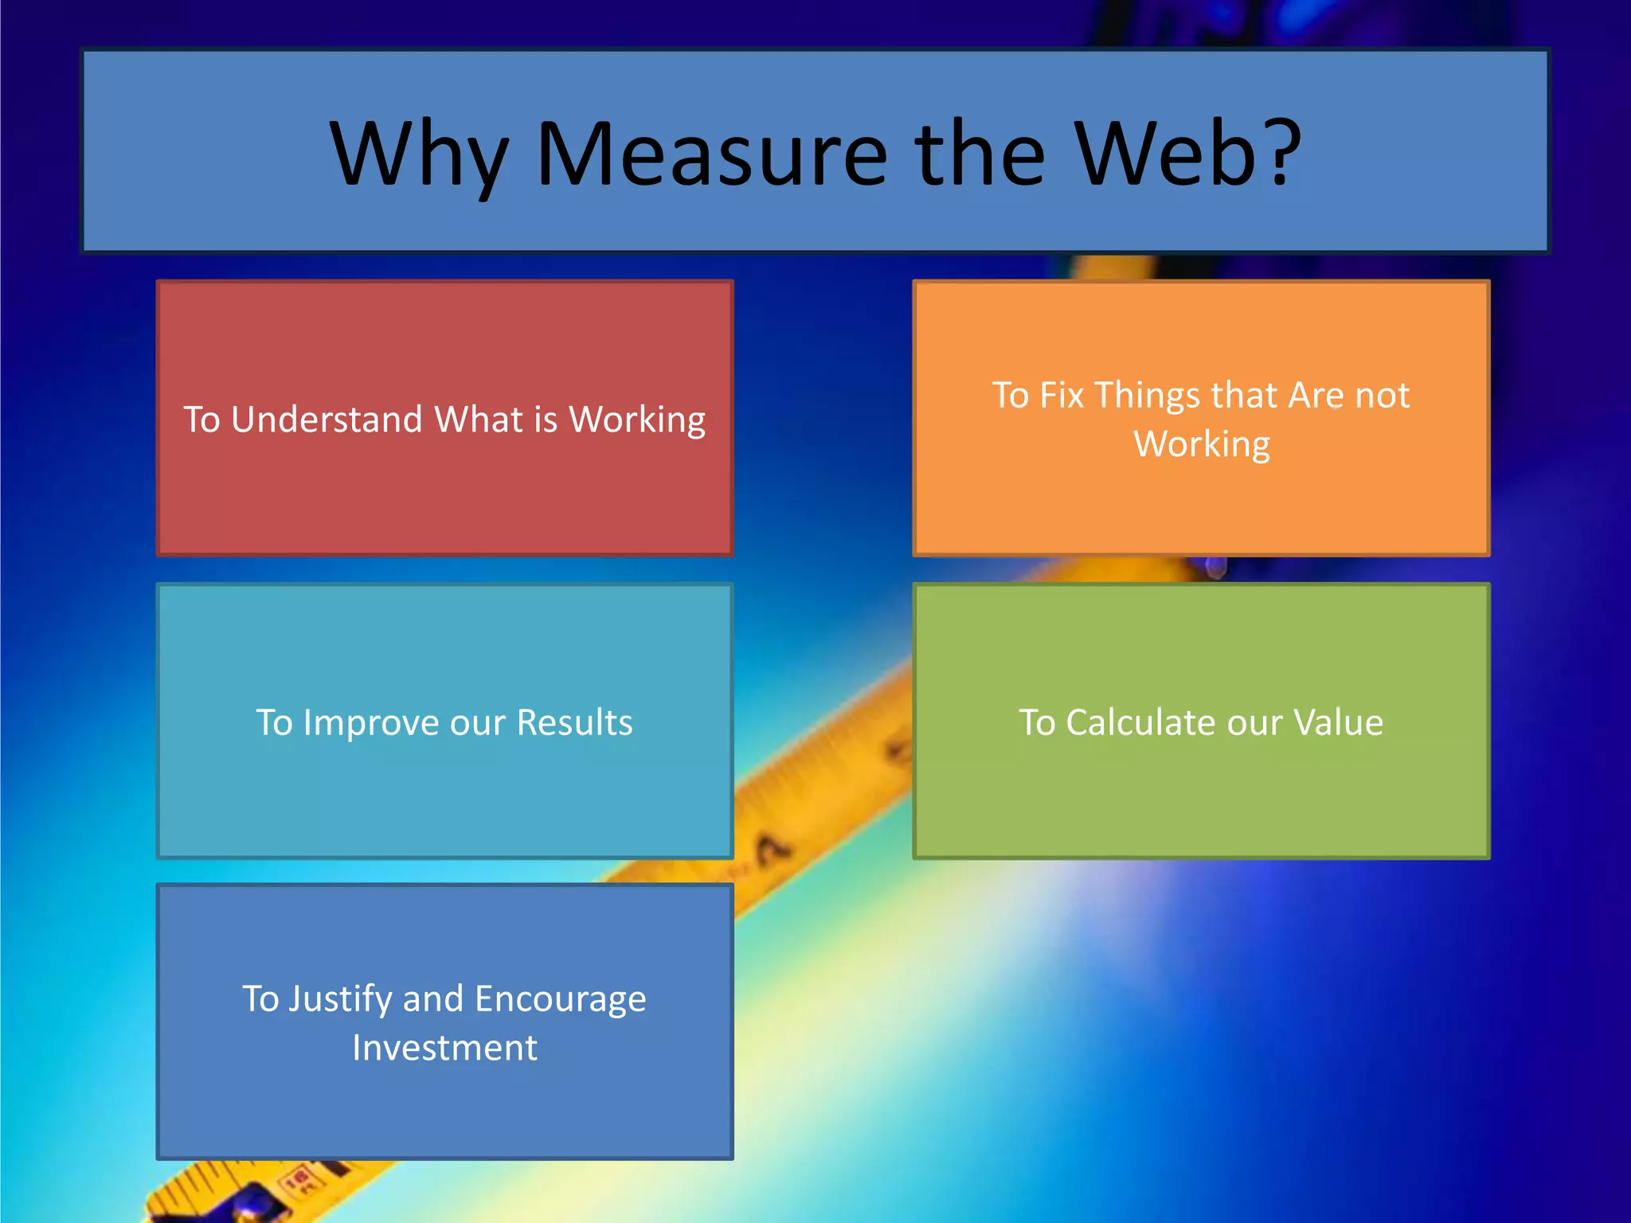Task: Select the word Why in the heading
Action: coord(419,155)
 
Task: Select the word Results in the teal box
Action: coord(574,722)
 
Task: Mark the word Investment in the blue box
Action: coord(444,1048)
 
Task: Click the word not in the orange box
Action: coord(1383,396)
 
